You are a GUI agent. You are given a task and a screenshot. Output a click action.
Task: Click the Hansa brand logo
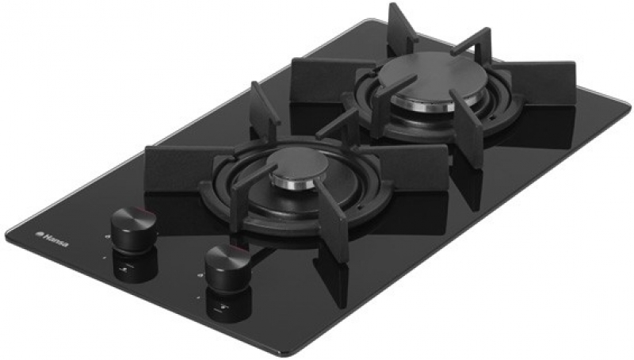tap(52, 239)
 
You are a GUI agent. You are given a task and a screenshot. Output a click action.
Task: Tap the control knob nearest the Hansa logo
tap(133, 224)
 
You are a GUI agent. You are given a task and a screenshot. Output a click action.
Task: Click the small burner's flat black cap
tap(300, 166)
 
